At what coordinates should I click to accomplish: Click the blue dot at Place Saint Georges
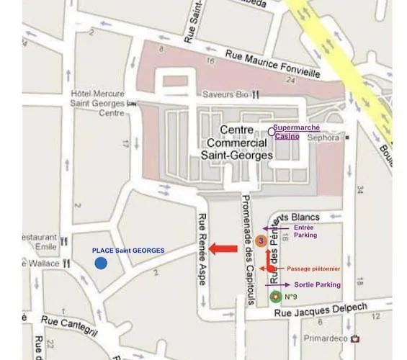[x=101, y=264]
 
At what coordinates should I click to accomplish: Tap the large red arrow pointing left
[x=223, y=250]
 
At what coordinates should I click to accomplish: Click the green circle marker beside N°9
[x=274, y=296]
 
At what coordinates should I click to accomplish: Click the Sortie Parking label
[x=318, y=284]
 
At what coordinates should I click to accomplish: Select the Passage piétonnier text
[x=315, y=269]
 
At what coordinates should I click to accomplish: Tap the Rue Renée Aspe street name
[x=202, y=250]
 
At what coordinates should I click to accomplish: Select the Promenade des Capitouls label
[x=247, y=248]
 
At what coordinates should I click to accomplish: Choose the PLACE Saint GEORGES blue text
[x=128, y=250]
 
